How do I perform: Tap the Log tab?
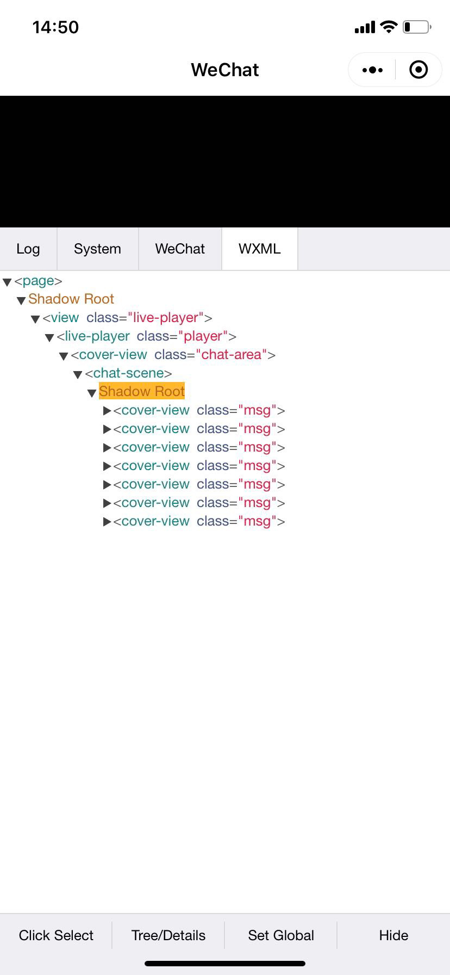point(28,249)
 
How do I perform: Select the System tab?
point(97,249)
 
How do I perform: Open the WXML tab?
point(259,249)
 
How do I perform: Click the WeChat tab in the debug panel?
point(180,249)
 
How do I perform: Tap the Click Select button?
point(56,935)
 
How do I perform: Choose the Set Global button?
point(281,935)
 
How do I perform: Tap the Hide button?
point(393,935)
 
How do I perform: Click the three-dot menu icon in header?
point(372,70)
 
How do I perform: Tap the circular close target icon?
point(418,70)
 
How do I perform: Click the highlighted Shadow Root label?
point(142,391)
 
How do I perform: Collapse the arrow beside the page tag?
point(7,282)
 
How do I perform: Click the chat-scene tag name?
point(128,373)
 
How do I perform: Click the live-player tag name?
point(97,336)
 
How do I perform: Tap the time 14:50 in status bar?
point(55,27)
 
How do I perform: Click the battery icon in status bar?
point(417,27)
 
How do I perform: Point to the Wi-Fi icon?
point(389,27)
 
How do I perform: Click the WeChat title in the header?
point(225,70)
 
